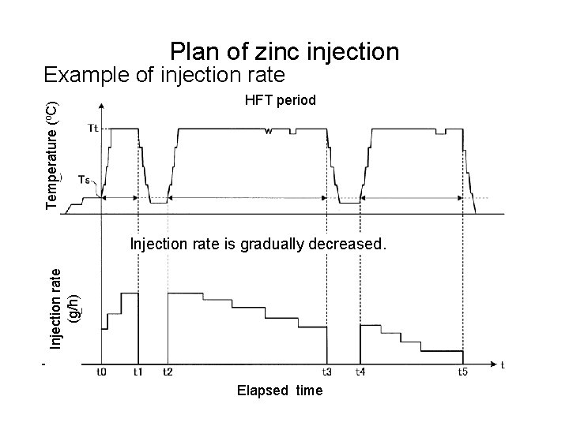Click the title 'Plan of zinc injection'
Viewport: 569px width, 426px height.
[284, 52]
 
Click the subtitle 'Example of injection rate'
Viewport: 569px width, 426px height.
[164, 75]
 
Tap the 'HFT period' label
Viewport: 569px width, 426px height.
[281, 100]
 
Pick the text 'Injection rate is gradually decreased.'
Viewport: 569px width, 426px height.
[258, 245]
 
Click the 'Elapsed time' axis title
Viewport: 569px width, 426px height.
[280, 390]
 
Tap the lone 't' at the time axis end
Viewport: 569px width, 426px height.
[503, 364]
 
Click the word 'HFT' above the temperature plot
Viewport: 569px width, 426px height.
[258, 100]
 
